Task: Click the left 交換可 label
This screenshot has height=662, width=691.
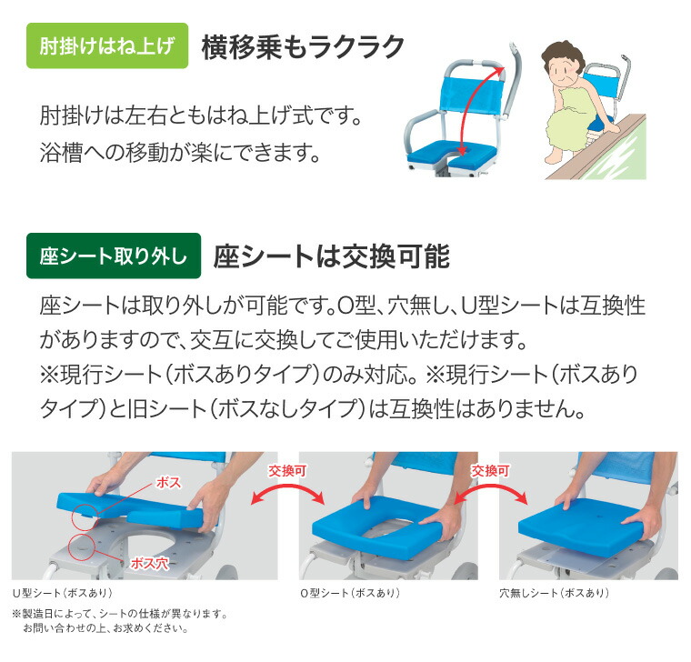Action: click(285, 471)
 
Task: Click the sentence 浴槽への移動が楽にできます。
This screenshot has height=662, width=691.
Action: click(182, 151)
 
